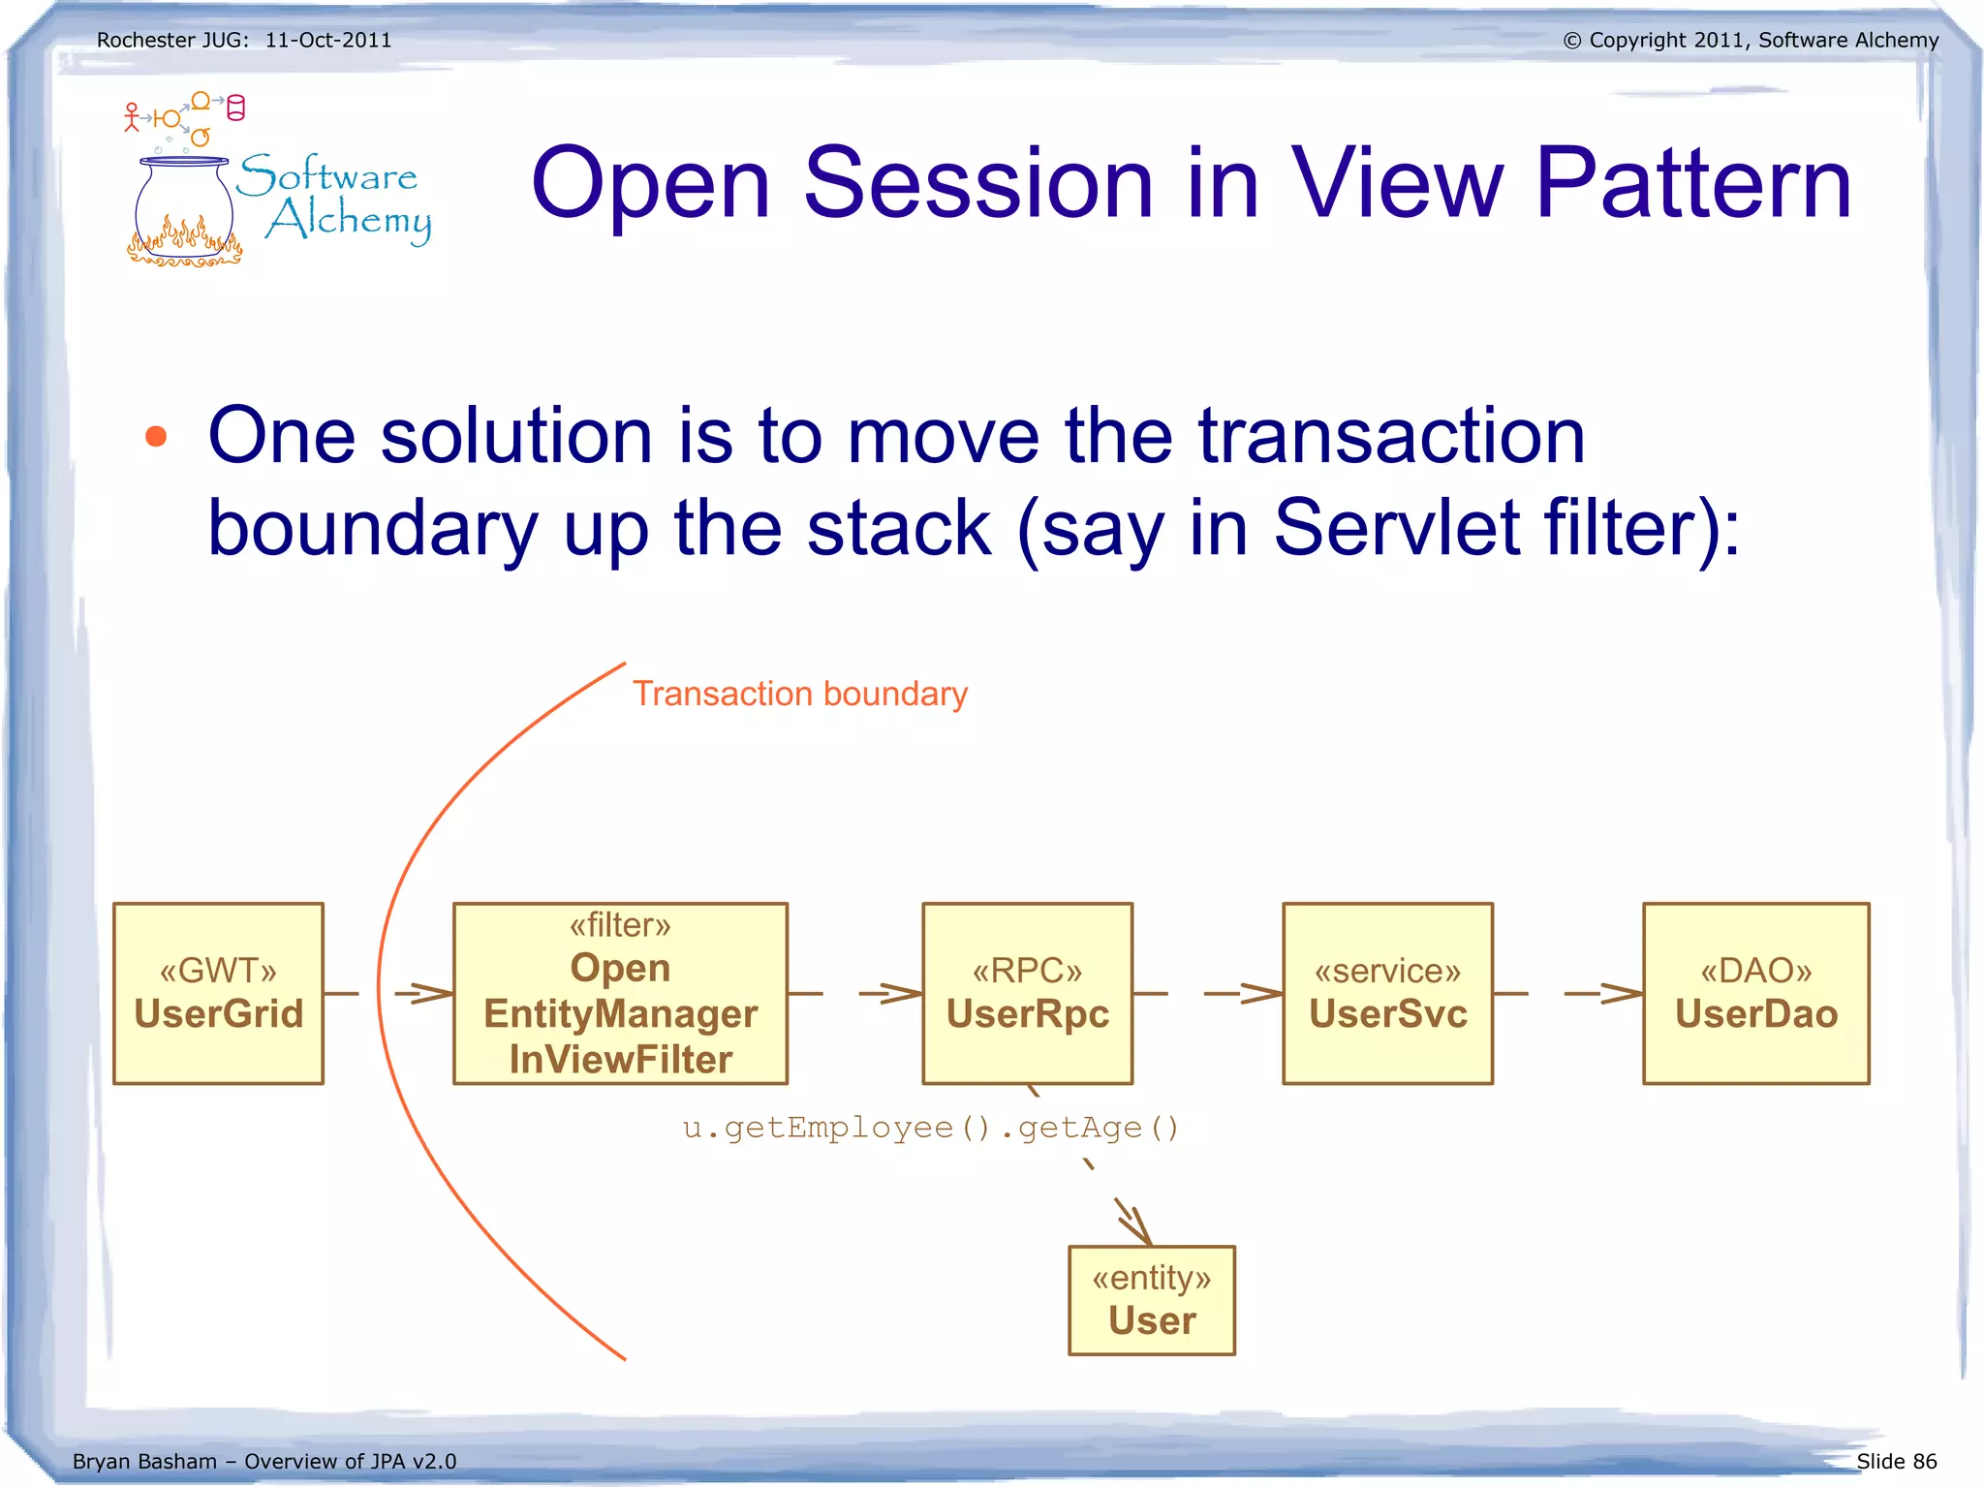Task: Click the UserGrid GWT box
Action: click(218, 993)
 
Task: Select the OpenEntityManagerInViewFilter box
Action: click(620, 993)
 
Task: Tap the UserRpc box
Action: click(1027, 993)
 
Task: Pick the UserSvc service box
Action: click(1387, 993)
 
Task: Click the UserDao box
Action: click(1755, 993)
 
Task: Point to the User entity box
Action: click(1151, 1300)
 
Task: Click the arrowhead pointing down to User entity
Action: click(1138, 1228)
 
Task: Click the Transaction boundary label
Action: click(800, 694)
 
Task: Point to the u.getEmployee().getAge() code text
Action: click(930, 1128)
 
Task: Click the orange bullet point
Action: click(156, 437)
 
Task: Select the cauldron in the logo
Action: click(184, 208)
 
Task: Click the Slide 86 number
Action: click(1896, 1461)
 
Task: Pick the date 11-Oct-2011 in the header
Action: click(328, 41)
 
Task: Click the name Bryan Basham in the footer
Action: click(144, 1461)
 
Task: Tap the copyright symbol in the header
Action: click(1572, 41)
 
